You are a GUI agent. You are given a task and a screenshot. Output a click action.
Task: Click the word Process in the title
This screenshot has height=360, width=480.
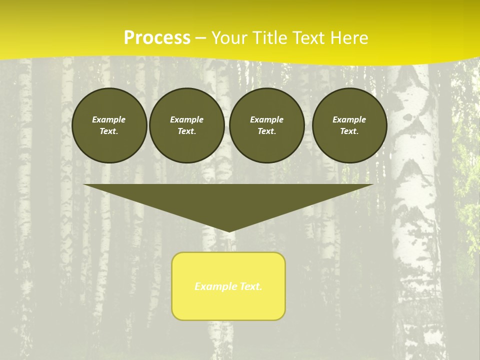[157, 38]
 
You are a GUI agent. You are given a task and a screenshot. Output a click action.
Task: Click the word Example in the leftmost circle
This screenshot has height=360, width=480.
[109, 119]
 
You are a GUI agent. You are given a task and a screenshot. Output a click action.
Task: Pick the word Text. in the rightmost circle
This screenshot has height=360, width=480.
[349, 131]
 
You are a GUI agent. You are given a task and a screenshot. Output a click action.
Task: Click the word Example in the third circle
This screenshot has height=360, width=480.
[266, 119]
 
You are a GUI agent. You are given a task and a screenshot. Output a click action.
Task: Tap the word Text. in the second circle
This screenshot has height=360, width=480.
[187, 131]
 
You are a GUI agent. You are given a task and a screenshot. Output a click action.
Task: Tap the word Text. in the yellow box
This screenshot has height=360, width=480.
[250, 286]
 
